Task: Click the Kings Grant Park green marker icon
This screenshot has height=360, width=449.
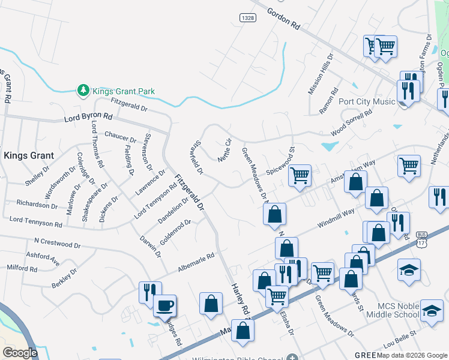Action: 83,91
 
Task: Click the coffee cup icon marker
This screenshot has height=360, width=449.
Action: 164,305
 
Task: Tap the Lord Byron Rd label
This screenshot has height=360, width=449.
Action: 88,118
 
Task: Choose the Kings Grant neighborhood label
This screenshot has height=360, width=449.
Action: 29,155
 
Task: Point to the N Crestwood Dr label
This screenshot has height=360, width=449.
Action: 58,245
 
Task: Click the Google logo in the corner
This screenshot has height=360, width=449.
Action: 20,353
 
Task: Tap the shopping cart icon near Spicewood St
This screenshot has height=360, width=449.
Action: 300,176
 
